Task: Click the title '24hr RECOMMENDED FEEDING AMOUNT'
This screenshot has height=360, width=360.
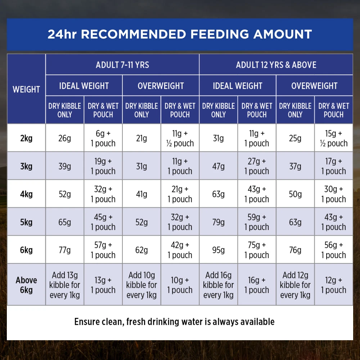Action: [x=180, y=34]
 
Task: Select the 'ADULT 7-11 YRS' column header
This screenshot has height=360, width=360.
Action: [x=122, y=65]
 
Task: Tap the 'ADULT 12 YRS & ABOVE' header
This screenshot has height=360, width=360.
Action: [x=276, y=65]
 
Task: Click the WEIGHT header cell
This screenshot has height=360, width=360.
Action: [x=26, y=89]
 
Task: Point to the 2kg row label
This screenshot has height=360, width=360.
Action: [x=26, y=138]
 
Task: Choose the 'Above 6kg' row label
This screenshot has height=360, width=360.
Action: [x=26, y=285]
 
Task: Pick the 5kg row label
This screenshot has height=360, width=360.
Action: [x=26, y=222]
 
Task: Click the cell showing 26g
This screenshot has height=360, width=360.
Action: [x=65, y=138]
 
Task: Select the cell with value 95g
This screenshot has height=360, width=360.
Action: [x=219, y=250]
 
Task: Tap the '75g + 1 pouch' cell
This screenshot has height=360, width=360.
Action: [x=257, y=250]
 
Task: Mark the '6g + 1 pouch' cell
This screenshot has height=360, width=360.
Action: [x=103, y=138]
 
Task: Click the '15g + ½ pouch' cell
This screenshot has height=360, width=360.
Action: [x=334, y=138]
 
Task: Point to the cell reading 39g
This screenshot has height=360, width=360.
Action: [x=65, y=166]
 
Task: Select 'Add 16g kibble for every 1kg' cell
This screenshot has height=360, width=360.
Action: [x=219, y=285]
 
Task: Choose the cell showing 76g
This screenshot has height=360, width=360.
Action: [x=295, y=250]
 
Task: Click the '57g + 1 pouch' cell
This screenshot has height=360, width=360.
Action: [x=103, y=250]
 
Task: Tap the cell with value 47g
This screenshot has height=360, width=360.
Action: [x=219, y=166]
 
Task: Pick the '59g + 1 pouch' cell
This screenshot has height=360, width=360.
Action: [x=257, y=222]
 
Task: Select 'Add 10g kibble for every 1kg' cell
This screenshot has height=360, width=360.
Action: [x=141, y=285]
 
